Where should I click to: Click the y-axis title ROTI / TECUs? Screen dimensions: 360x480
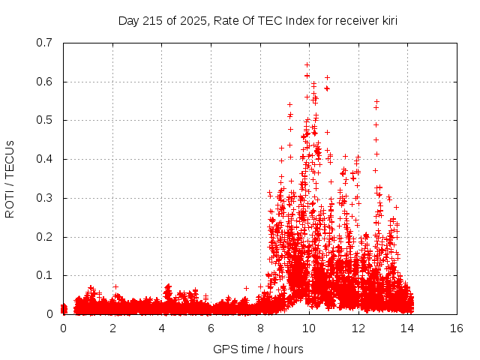10,178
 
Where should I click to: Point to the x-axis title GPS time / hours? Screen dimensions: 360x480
259,349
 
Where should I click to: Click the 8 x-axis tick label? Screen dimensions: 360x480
260,328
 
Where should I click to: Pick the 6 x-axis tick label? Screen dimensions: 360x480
211,328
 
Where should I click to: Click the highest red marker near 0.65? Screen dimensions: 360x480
307,64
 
